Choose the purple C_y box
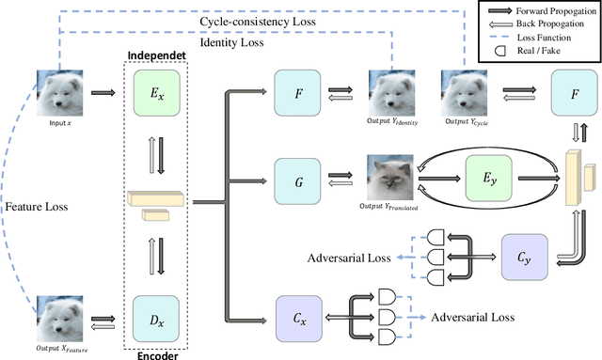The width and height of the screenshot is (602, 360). (522, 256)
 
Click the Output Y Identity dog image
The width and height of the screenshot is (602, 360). (392, 94)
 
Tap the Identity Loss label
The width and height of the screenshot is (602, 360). (231, 43)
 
